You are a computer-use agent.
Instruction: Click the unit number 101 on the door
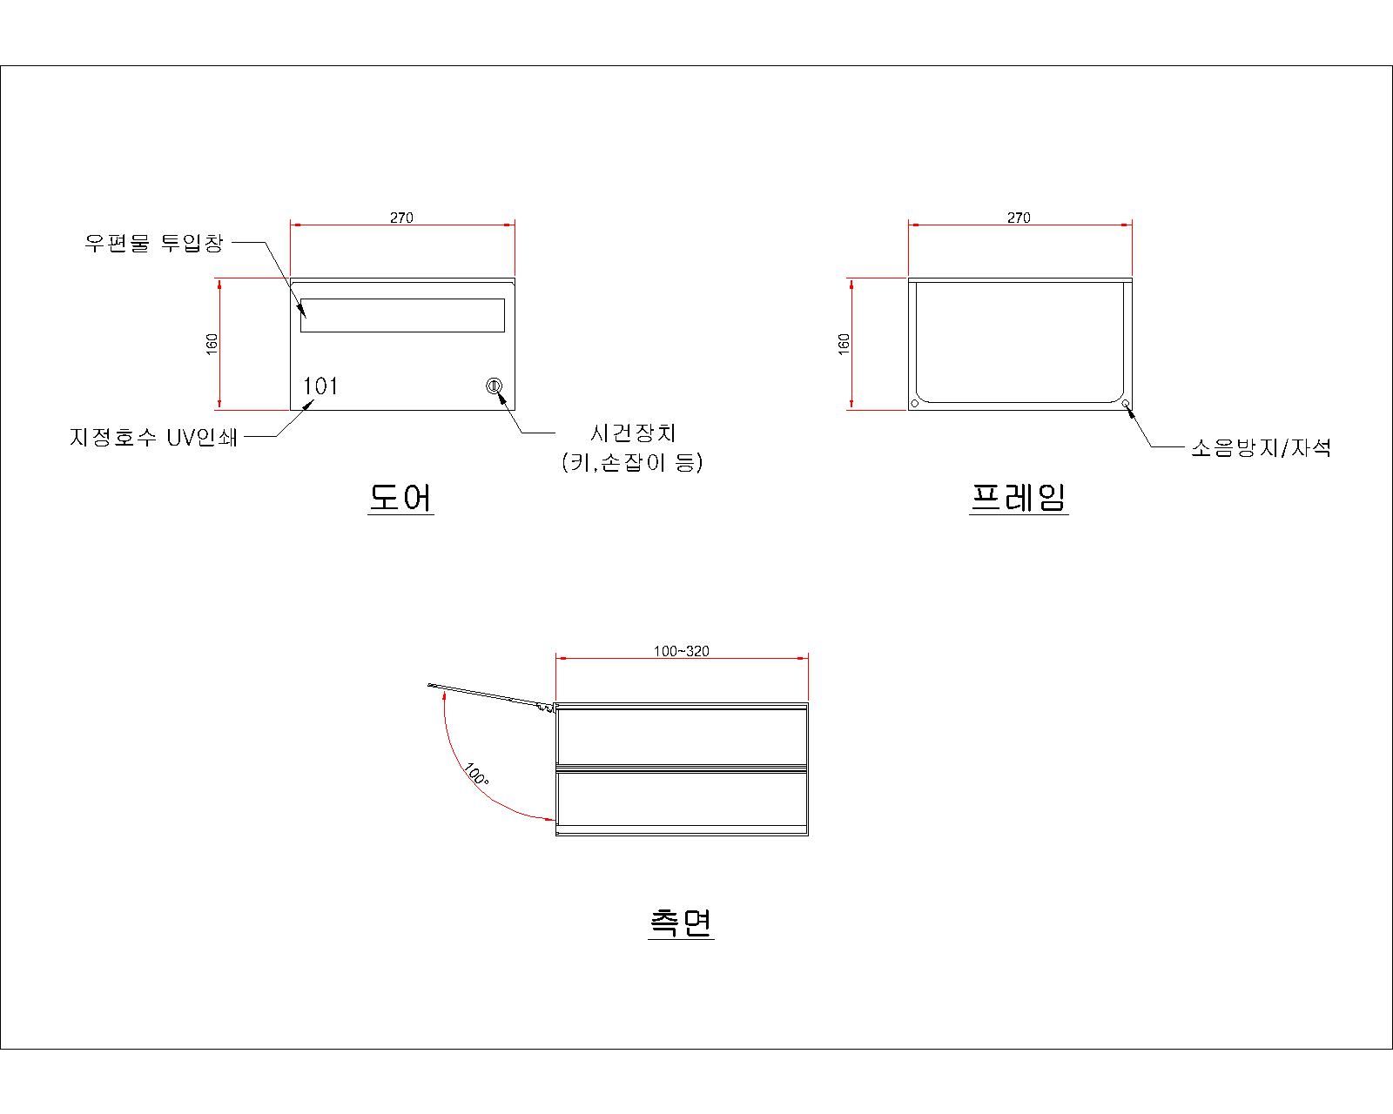[x=320, y=386]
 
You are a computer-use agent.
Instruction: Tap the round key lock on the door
[x=494, y=386]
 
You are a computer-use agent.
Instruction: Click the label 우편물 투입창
[x=154, y=243]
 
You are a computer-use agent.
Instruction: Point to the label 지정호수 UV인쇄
[x=153, y=438]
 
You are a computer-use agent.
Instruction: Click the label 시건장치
[x=633, y=433]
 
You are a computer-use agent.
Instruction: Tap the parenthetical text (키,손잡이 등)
[x=632, y=462]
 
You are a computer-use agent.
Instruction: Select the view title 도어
[x=400, y=498]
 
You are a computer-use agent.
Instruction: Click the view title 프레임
[x=1019, y=498]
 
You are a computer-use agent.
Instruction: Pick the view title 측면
[x=681, y=923]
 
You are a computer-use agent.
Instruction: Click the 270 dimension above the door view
[x=401, y=218]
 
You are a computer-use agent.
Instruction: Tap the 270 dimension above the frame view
[x=1019, y=218]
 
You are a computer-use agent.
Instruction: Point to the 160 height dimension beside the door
[x=212, y=345]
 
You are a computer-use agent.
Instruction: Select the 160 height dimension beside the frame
[x=844, y=345]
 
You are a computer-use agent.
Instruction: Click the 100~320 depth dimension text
[x=681, y=650]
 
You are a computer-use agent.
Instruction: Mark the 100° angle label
[x=475, y=775]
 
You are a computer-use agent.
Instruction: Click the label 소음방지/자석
[x=1261, y=447]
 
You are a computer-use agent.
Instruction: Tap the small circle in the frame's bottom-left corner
[x=915, y=403]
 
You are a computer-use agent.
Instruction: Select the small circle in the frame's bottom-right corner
[x=1126, y=403]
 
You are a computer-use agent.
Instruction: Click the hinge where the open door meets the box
[x=548, y=708]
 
